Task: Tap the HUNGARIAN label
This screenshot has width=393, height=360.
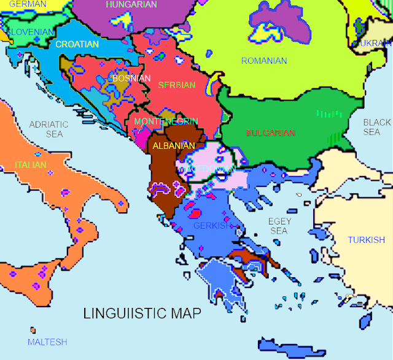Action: click(131, 4)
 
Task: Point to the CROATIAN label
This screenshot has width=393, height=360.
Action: click(77, 44)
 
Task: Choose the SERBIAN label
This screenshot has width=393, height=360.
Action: click(176, 85)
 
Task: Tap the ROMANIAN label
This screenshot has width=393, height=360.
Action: click(264, 61)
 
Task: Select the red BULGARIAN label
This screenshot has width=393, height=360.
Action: click(270, 132)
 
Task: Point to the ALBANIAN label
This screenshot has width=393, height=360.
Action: click(174, 145)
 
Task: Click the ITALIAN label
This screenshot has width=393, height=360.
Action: click(31, 165)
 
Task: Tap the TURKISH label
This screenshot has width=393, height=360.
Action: click(366, 240)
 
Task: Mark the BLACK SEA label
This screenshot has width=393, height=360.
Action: click(372, 127)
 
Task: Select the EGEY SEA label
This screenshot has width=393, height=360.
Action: click(279, 226)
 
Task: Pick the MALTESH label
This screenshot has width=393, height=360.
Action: click(47, 342)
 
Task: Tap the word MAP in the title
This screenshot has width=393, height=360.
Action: click(188, 313)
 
